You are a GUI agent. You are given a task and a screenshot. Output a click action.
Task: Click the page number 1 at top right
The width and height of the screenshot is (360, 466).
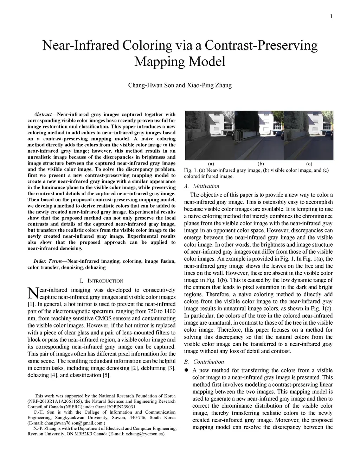332,17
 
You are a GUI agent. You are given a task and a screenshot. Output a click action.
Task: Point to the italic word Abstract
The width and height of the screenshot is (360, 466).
43,114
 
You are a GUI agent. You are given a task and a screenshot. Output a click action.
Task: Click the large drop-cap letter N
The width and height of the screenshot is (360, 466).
32,293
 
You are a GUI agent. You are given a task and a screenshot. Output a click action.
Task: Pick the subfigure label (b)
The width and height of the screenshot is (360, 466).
261,164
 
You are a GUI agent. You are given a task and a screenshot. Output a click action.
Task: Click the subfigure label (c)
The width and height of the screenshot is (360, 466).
309,164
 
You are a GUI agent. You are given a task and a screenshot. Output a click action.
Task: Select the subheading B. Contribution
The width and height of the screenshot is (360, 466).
204,362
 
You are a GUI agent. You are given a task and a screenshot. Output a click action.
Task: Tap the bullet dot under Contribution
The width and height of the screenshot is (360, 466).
187,370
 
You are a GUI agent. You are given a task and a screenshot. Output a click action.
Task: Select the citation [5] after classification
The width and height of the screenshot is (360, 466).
106,375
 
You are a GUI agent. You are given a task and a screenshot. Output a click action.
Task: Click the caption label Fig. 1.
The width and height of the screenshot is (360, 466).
190,171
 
